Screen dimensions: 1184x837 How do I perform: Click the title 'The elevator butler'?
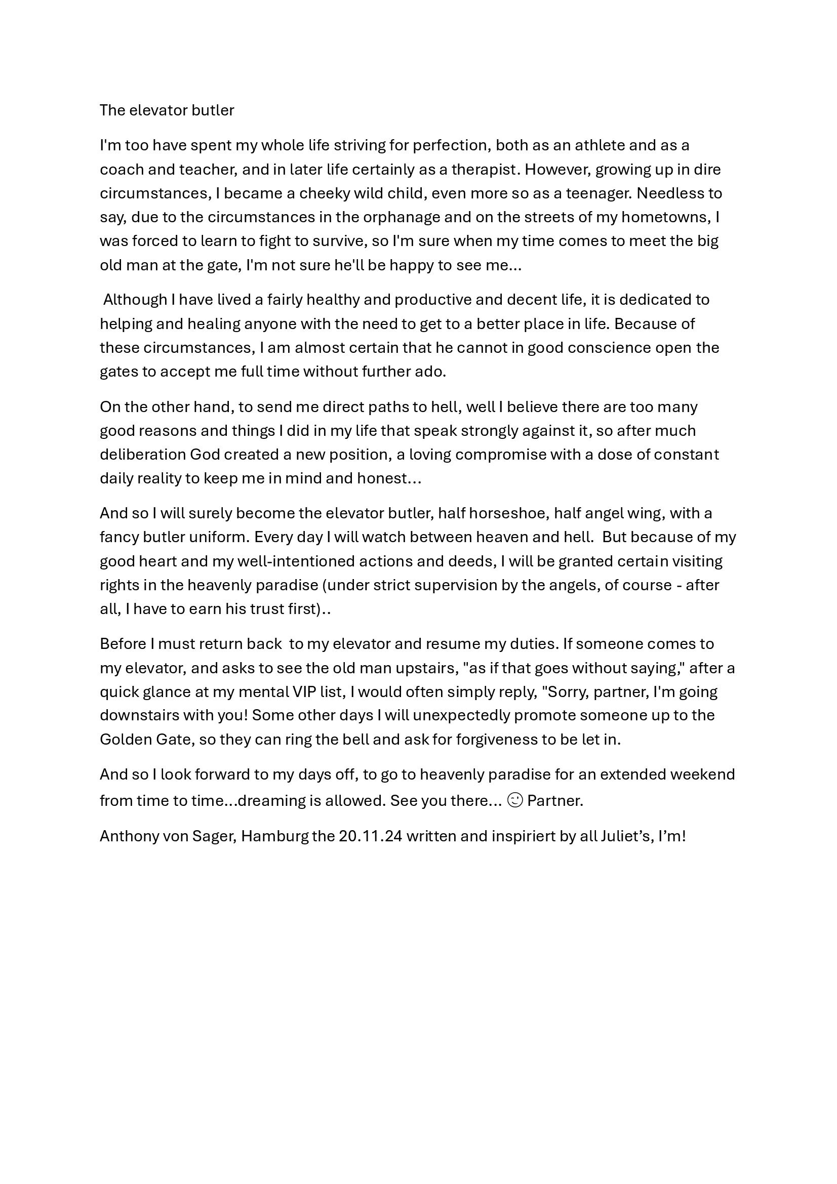(167, 110)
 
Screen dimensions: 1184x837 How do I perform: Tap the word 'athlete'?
(600, 145)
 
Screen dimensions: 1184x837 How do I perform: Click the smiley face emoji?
(514, 800)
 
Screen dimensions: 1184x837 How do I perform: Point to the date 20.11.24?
(370, 836)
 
